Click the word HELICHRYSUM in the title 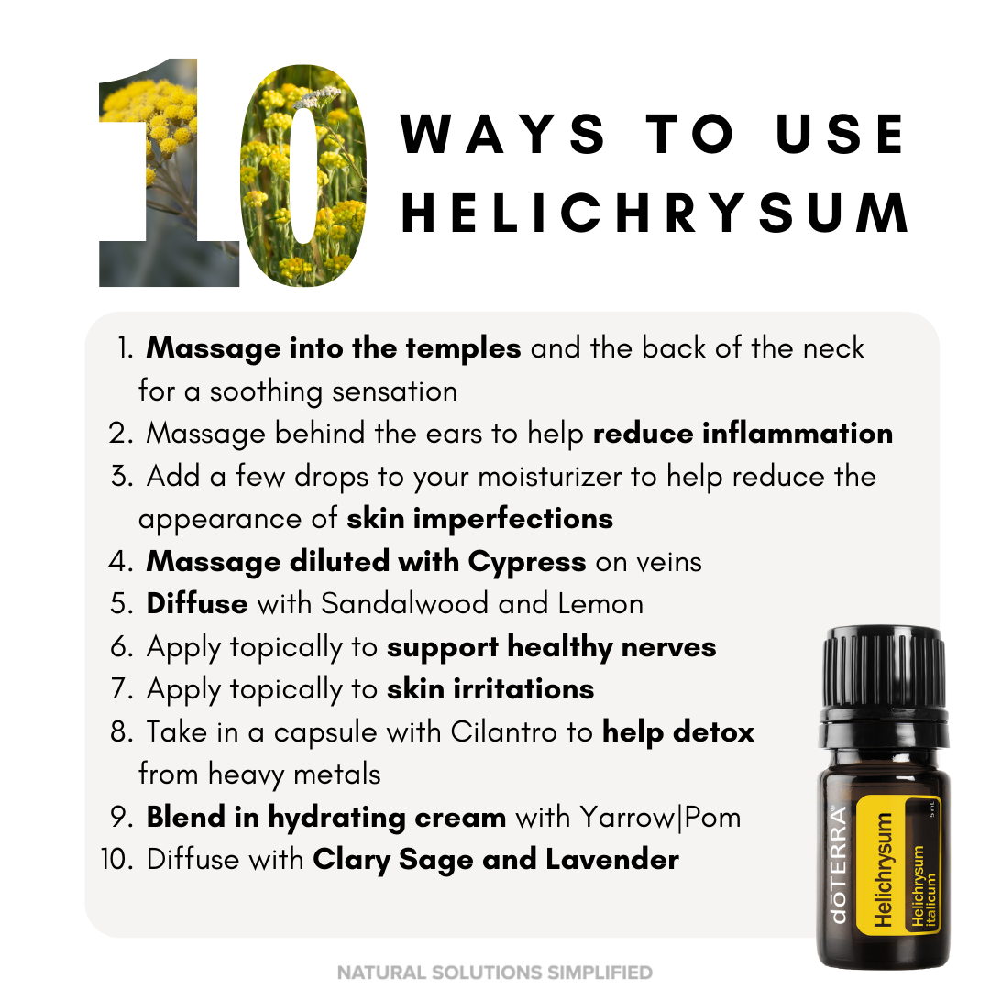(x=654, y=213)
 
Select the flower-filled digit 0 (x=303, y=175)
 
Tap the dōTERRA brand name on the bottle (x=838, y=865)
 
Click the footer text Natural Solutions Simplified (x=495, y=973)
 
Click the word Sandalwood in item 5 (x=405, y=603)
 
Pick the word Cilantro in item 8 (x=504, y=732)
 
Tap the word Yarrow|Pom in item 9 (x=660, y=818)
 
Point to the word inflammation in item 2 (x=798, y=434)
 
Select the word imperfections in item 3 (x=513, y=520)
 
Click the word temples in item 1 (x=464, y=349)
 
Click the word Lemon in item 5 (x=600, y=603)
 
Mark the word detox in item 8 (x=713, y=732)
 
